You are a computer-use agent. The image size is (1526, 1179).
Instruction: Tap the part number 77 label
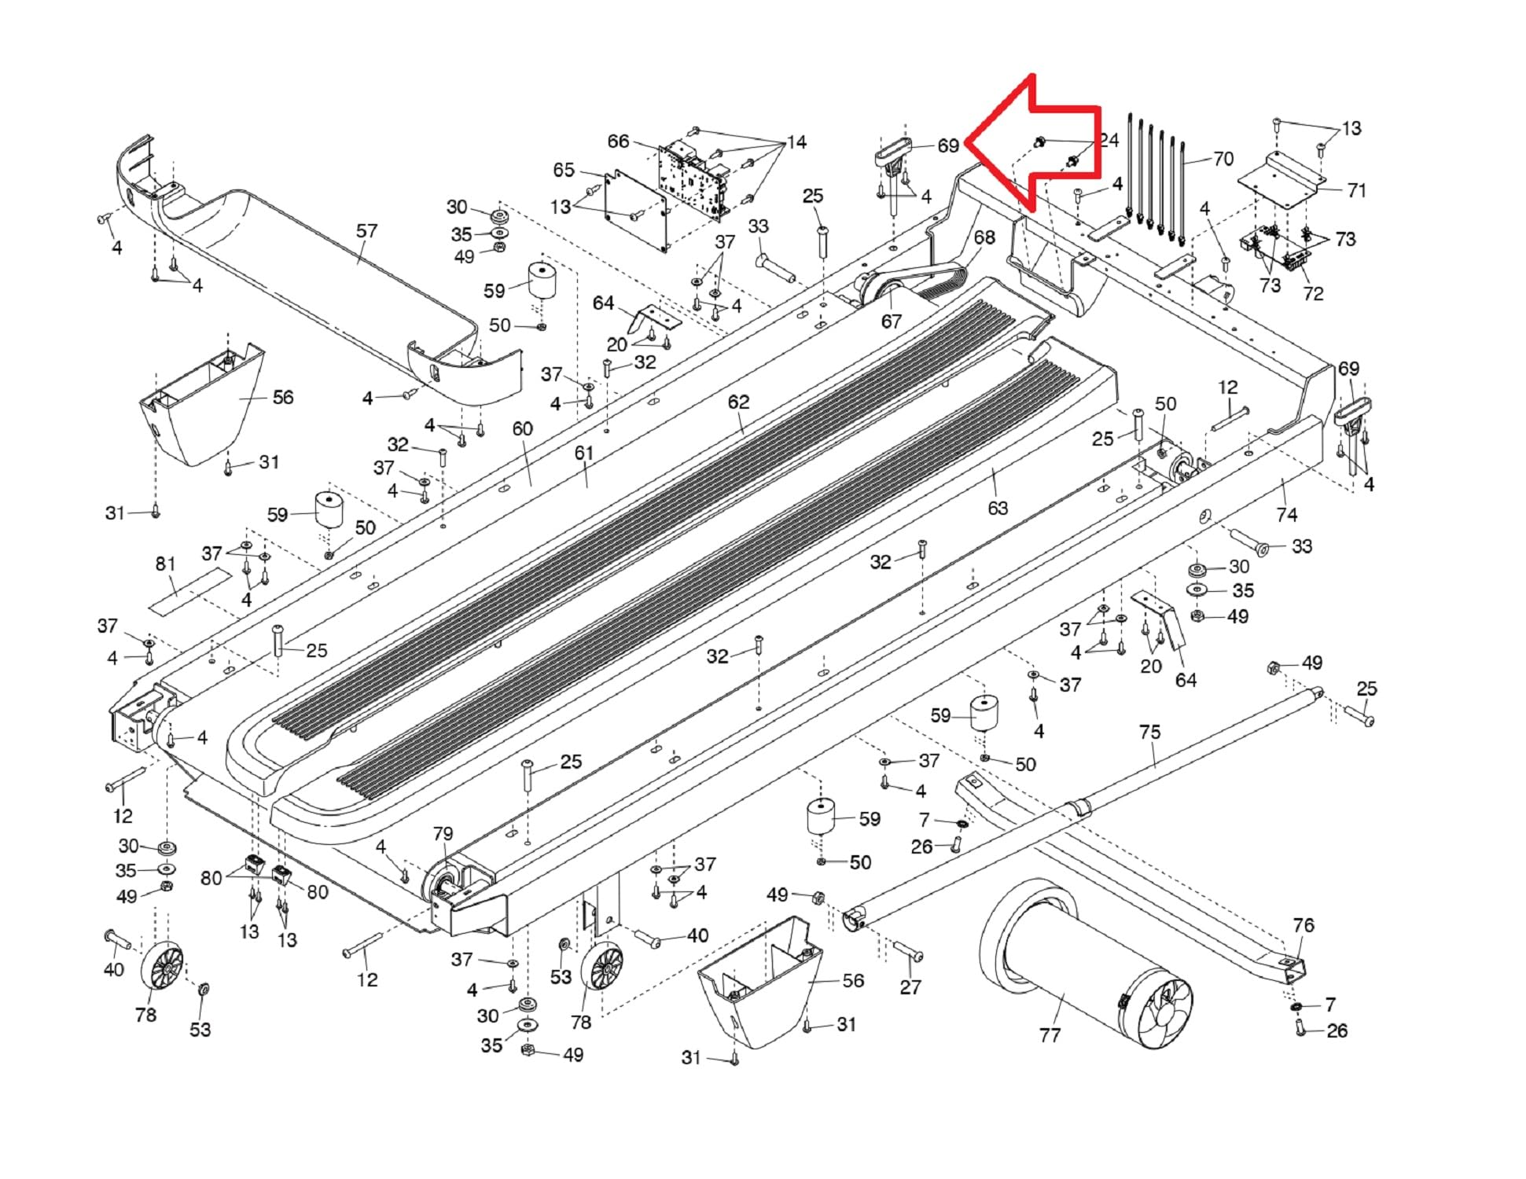pos(1050,1034)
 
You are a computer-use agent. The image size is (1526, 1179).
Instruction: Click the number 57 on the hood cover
pos(366,230)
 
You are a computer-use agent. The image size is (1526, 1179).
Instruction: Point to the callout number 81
pos(165,564)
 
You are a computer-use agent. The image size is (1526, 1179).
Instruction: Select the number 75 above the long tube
pos(1149,732)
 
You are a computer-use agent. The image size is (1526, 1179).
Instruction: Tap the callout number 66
pos(618,141)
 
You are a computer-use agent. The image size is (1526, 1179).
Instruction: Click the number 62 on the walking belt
pos(738,402)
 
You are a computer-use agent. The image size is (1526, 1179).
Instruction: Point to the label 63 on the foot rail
pos(997,508)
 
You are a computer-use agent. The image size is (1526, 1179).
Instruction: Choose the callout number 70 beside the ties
pos(1223,159)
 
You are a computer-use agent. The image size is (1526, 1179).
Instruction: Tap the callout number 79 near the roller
pos(443,833)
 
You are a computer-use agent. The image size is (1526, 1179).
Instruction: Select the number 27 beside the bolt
pos(910,987)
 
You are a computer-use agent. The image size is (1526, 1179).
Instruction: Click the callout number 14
pos(796,142)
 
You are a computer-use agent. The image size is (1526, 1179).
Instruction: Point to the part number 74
pos(1286,515)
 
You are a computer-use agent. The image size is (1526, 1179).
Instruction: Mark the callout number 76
pos(1303,925)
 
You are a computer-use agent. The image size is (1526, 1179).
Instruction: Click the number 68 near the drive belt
pos(984,237)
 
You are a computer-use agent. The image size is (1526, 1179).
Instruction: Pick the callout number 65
pos(564,170)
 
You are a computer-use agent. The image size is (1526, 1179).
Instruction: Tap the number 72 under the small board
pos(1313,293)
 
